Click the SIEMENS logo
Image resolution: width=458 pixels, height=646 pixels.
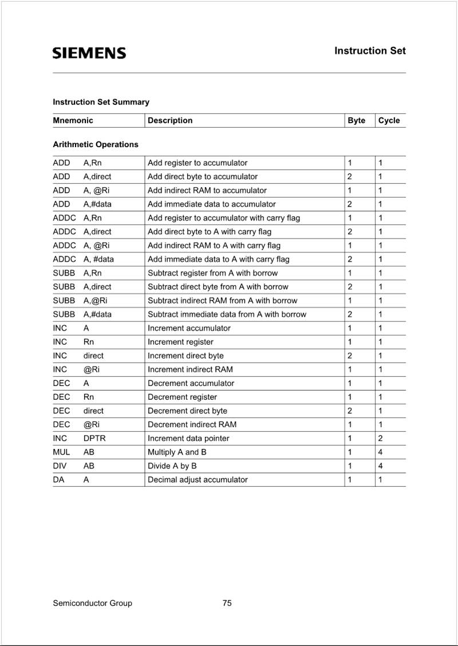[x=89, y=53]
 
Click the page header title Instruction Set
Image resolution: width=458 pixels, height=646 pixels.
[x=370, y=51]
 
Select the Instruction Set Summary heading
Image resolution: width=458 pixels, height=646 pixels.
[x=101, y=102]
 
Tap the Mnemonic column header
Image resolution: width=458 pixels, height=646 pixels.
[x=73, y=120]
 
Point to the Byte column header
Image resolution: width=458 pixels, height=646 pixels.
[x=356, y=120]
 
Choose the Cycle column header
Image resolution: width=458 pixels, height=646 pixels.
[x=389, y=120]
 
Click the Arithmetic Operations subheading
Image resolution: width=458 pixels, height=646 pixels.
[x=96, y=144]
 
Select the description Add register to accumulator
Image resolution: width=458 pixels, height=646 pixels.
[x=198, y=163]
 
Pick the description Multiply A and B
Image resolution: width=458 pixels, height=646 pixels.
[x=177, y=452]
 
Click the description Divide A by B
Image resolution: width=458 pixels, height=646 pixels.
[x=172, y=466]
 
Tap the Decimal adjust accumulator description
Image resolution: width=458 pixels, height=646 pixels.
[x=198, y=479]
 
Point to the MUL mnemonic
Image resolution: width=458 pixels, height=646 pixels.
[x=61, y=452]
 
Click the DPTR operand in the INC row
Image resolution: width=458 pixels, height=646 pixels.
[x=94, y=438]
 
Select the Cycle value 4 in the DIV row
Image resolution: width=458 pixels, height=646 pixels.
[x=381, y=466]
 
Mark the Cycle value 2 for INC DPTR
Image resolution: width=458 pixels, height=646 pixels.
[x=381, y=438]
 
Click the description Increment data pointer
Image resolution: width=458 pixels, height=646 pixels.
[x=188, y=438]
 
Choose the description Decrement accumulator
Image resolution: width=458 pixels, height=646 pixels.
[x=191, y=383]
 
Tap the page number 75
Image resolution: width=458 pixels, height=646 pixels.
[x=227, y=602]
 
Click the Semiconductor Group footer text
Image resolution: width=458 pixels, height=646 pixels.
[x=92, y=602]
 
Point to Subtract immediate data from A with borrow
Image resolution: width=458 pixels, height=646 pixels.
[x=227, y=314]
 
